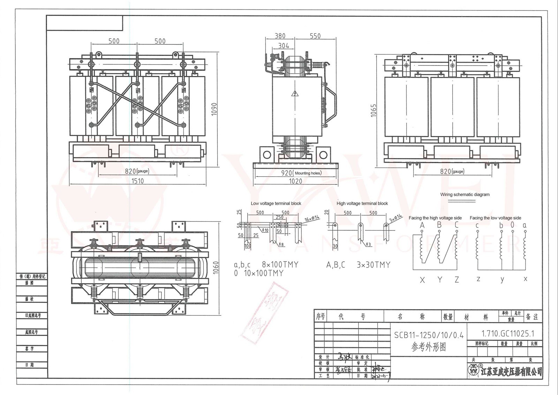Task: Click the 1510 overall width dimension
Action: point(137,181)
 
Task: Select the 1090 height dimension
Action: point(214,110)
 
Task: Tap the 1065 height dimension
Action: point(374,110)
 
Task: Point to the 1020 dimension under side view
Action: point(295,181)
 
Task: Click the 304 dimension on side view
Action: point(284,46)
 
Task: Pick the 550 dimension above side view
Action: point(315,36)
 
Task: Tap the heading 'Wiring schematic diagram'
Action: point(465,194)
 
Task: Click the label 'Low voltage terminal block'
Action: point(276,203)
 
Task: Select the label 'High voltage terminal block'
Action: point(362,203)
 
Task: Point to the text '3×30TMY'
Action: point(373,265)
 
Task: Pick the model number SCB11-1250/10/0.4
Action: point(429,335)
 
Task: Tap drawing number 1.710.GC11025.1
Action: point(507,334)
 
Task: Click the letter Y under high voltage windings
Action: point(439,280)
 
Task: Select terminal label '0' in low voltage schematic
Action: point(512,225)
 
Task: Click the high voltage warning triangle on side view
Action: point(295,94)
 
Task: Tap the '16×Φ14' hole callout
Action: point(312,218)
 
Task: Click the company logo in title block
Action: point(473,371)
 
